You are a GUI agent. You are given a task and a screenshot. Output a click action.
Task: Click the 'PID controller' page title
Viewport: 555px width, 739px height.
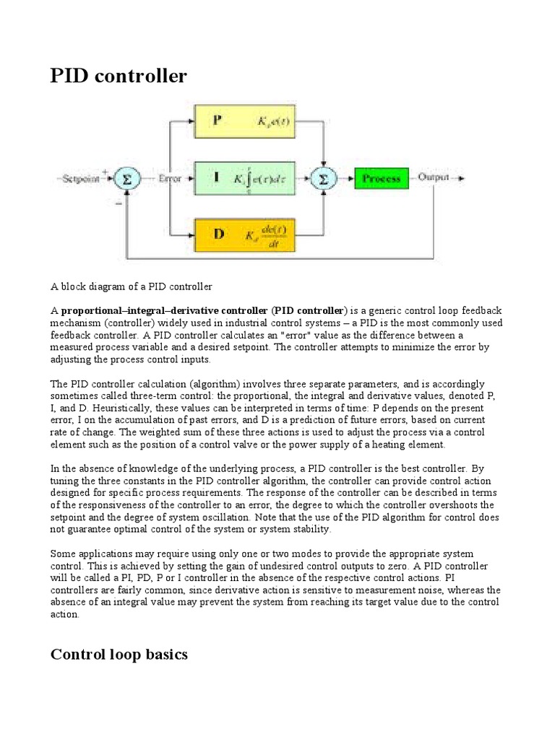118,76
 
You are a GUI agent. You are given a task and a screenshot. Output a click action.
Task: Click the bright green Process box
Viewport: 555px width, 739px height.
381,178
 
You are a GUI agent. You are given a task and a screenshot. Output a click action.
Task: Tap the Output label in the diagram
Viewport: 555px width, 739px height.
433,177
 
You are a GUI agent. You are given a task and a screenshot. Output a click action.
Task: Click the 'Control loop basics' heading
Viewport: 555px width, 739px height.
119,655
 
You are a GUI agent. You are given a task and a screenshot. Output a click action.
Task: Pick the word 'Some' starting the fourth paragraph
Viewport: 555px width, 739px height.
63,554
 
